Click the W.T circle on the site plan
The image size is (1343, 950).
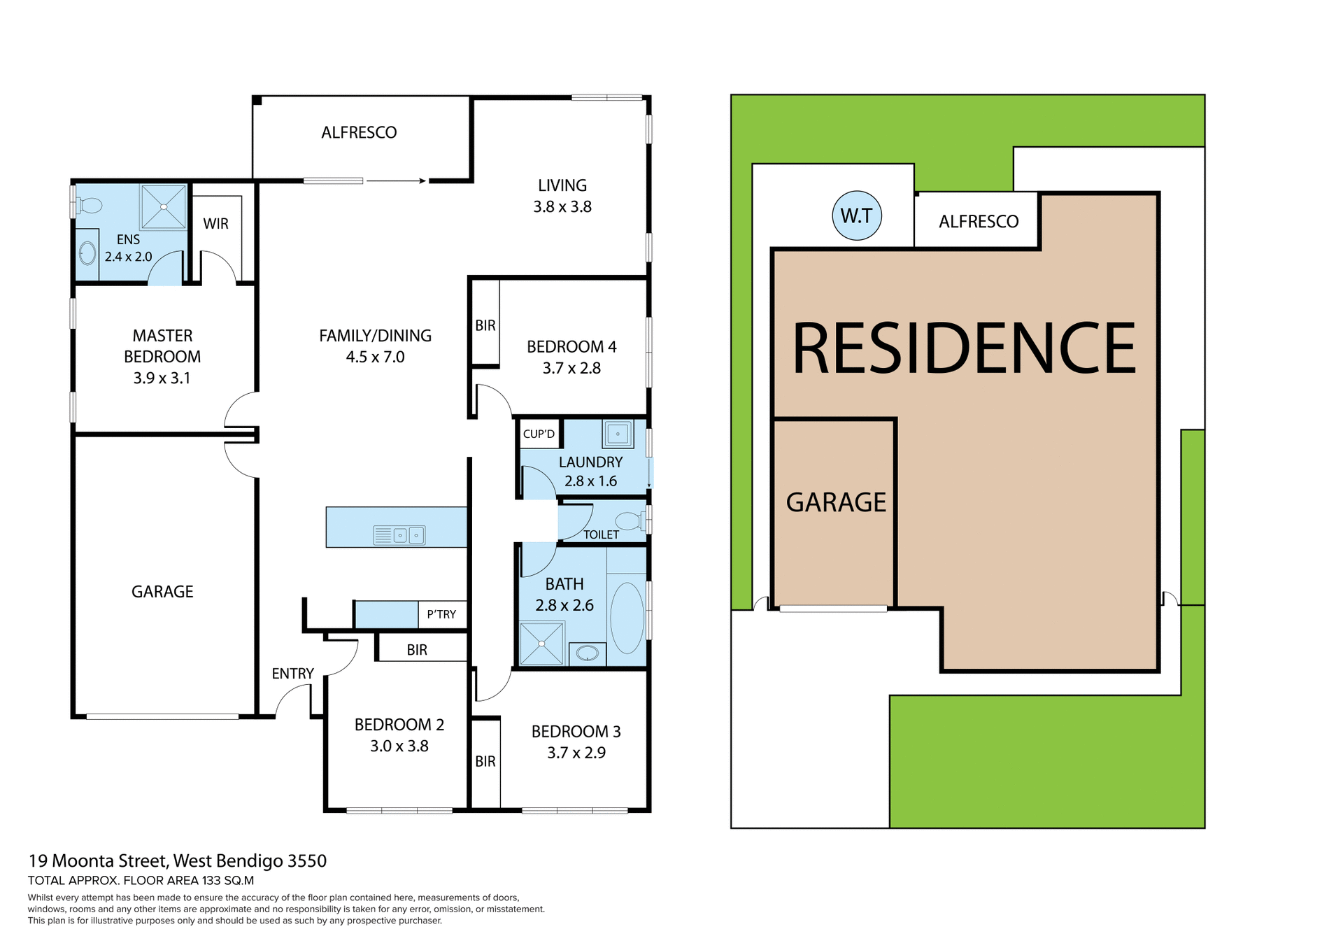856,215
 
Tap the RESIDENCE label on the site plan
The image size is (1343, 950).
964,348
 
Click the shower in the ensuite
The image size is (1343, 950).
163,207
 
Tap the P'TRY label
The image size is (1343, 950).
441,614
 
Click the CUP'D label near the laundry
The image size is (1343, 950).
539,434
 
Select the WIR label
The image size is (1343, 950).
215,224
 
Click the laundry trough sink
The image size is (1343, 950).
618,434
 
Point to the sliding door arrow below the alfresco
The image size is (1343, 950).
396,181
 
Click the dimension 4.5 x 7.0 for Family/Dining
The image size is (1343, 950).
375,357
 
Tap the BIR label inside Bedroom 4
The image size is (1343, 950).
485,325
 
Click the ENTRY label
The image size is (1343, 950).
292,674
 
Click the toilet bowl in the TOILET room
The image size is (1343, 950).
628,520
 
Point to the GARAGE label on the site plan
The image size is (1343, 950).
836,502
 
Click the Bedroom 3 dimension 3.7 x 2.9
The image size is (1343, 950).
576,753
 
